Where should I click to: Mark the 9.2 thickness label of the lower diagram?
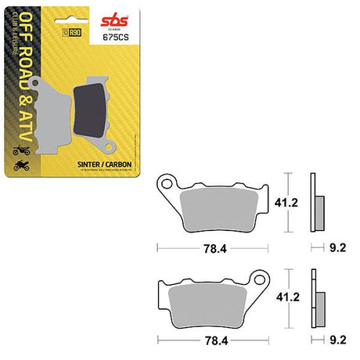(x=337, y=342)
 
